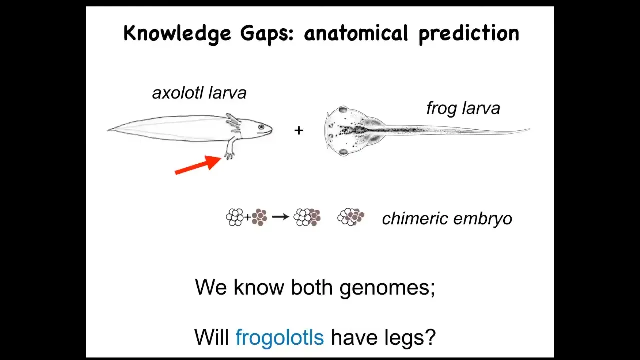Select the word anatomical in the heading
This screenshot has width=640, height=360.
[356, 33]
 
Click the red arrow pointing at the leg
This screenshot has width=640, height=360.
[198, 165]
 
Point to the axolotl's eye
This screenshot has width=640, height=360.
[261, 127]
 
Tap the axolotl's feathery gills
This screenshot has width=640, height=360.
[233, 123]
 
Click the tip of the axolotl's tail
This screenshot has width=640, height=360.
[108, 130]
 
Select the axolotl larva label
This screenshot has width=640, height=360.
[199, 93]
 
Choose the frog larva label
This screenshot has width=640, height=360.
[463, 108]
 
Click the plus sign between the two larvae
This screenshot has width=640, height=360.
[299, 131]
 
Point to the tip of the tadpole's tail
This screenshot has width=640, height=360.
[529, 129]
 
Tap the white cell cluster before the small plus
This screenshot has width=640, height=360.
[235, 217]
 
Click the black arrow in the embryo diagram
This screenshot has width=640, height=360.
[281, 217]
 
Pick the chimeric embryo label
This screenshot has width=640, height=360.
[447, 219]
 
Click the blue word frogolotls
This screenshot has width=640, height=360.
[279, 337]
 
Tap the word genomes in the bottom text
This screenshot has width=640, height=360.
[387, 288]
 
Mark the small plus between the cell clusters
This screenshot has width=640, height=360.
[247, 217]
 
